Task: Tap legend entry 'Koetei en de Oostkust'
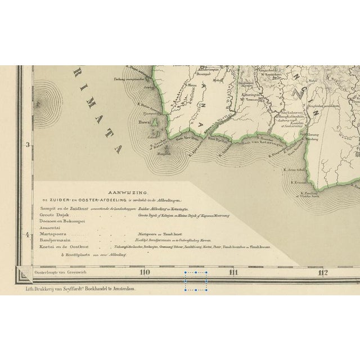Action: point(62,247)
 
